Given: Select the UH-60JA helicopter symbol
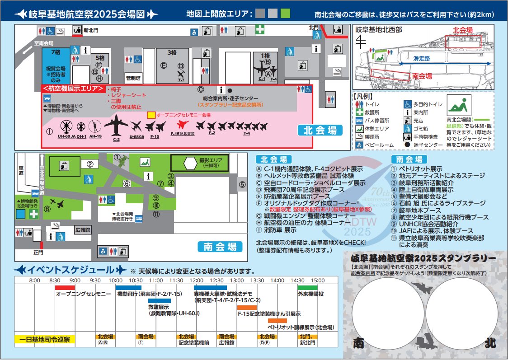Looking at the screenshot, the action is click(66, 126).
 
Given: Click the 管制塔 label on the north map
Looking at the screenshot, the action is click(134, 78).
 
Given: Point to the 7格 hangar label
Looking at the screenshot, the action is click(56, 53).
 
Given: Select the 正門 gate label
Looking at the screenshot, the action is click(38, 252).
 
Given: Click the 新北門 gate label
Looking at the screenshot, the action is click(90, 31).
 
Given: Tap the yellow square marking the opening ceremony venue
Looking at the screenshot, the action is click(151, 116).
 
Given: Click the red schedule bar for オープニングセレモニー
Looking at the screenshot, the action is click(65, 287).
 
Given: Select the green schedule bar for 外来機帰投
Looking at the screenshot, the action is click(307, 287).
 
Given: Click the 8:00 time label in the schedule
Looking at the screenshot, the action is click(35, 281).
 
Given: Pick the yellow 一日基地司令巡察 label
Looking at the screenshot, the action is click(45, 339).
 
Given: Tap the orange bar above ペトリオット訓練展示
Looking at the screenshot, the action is click(277, 320).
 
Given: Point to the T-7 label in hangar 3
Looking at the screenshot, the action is click(181, 80).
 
